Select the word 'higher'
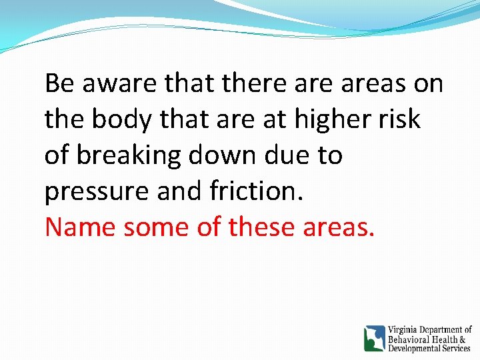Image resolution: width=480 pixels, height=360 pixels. (322, 120)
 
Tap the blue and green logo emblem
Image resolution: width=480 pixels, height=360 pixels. (374, 338)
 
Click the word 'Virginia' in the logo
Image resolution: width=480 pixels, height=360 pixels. (406, 330)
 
